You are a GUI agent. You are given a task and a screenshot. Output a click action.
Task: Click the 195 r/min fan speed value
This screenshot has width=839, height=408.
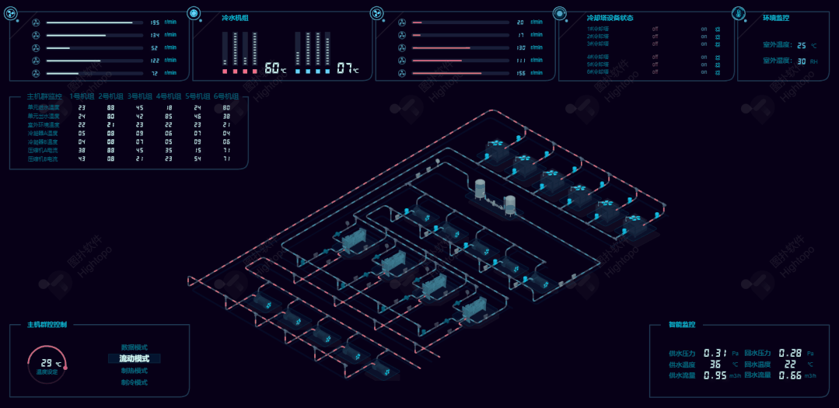coord(154,23)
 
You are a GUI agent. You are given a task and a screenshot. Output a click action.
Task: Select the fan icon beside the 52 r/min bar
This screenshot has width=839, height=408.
coord(35,47)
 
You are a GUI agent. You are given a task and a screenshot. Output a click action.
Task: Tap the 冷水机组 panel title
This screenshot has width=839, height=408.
coord(235,17)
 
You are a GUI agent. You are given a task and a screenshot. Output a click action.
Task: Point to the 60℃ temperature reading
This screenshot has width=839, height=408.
coord(274,68)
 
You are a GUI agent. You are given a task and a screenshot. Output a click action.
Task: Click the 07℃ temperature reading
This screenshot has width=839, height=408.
coord(346,68)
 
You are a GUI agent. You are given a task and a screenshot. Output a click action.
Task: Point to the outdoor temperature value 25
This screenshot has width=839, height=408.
coord(802,46)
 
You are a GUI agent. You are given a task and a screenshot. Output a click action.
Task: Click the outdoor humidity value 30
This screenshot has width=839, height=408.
coord(802,61)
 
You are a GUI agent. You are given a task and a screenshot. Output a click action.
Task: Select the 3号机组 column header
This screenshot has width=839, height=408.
coord(139,96)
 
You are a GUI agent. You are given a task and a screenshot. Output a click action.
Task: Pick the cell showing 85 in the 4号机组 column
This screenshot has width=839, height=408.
coord(168,116)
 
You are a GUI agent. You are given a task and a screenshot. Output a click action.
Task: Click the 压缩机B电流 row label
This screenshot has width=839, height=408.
coord(43,159)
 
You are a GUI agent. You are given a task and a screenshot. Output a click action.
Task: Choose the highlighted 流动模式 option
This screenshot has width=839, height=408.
coord(134,359)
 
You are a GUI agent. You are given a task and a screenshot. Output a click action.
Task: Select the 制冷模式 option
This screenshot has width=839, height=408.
coord(134,382)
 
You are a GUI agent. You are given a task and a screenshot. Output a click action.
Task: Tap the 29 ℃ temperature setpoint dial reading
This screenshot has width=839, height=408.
coord(47,363)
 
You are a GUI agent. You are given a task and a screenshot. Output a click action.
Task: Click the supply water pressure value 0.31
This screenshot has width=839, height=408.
coord(715,353)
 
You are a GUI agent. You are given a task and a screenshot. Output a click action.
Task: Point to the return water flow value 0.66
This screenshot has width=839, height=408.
coord(789,375)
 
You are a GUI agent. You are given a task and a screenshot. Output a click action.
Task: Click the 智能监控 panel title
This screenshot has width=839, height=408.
coord(682,325)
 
